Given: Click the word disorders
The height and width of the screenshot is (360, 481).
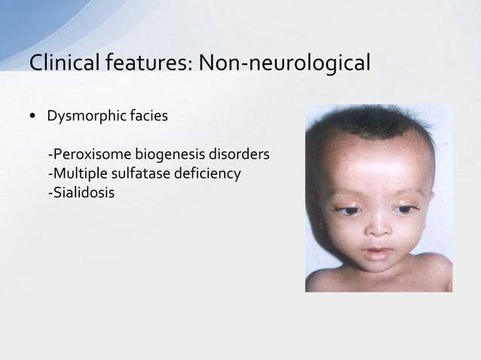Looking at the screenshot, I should point(240,156).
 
